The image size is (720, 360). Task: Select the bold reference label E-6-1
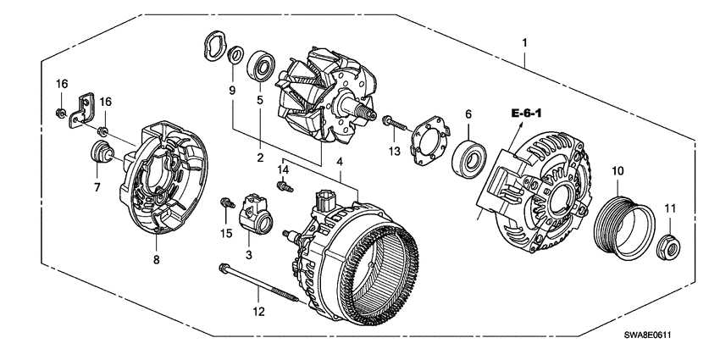pos(526,114)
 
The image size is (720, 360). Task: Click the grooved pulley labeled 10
pos(625,223)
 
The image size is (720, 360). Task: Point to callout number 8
pos(156,261)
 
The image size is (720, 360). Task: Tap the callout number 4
pos(341,161)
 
